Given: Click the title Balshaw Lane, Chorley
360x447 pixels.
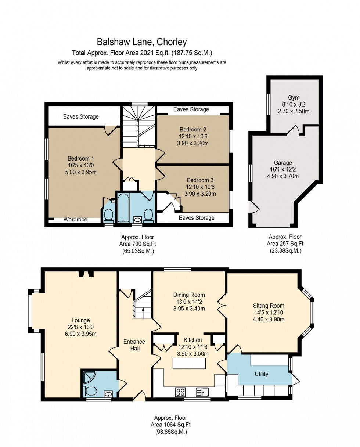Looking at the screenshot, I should tap(142, 42).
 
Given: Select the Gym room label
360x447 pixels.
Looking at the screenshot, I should tap(294, 98).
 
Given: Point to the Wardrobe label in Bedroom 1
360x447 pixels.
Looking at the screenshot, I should tap(75, 220).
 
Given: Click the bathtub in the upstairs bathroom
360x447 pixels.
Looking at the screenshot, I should tap(123, 209).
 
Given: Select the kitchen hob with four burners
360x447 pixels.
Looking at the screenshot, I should tap(180, 392).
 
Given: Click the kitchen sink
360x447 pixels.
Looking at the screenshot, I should tap(202, 392).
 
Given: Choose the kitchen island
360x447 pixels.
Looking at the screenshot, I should tap(189, 363).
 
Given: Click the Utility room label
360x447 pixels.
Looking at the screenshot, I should tap(262, 374).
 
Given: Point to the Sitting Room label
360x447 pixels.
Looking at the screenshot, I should tap(269, 306).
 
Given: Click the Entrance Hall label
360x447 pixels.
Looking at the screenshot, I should tap(134, 345).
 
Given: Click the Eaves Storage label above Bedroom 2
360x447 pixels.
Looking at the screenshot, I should tap(191, 109).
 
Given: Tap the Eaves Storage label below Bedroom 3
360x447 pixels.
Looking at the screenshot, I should tap(196, 218).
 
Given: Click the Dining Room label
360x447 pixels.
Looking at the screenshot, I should tap(189, 295).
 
